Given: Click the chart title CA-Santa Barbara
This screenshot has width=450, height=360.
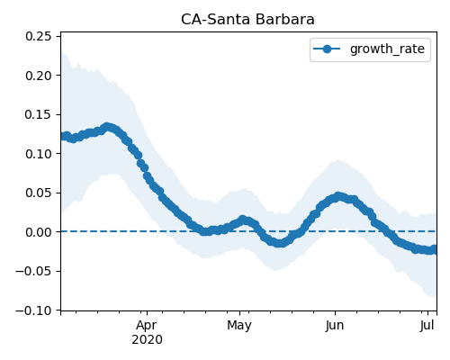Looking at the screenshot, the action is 247,20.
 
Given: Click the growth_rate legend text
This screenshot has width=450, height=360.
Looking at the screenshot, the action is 387,49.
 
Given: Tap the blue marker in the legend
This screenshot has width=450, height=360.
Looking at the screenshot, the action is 327,49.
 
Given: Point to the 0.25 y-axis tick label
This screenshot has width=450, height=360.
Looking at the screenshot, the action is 39,36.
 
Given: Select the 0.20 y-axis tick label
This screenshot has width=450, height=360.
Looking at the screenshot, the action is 39,76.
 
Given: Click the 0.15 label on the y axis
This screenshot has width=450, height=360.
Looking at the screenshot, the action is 39,114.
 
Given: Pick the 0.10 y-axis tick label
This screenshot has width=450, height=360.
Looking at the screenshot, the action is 39,154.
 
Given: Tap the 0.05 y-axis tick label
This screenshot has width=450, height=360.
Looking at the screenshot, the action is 39,193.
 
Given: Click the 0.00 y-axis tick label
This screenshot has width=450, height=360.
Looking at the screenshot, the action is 39,232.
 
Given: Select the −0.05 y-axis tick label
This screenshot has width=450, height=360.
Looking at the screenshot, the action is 33,271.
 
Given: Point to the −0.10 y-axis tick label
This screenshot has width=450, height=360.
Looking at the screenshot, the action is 33,310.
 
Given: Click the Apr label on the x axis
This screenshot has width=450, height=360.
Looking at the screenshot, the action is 147,326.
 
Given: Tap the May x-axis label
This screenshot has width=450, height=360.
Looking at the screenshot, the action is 239,326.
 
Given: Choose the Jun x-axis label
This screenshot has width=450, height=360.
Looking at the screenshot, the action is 335,326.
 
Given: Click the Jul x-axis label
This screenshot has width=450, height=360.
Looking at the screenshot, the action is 427,326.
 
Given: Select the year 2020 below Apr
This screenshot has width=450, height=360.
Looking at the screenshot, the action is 147,339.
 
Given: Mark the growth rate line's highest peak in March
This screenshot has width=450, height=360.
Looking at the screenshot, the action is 107,127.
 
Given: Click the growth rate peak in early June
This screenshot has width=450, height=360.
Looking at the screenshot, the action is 338,196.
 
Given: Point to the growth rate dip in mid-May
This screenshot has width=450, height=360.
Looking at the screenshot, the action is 280,243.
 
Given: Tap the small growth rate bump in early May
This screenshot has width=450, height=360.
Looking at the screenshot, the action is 243,220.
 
